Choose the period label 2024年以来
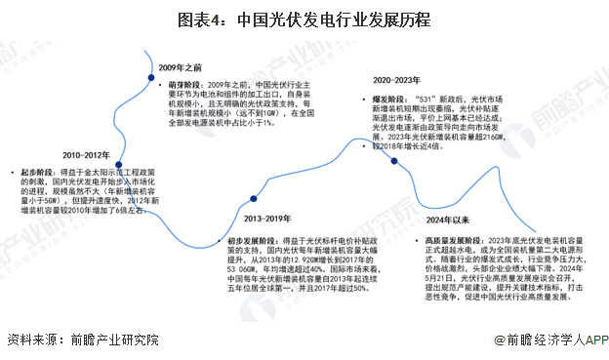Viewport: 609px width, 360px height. [449, 220]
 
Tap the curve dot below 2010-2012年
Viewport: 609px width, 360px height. [119, 166]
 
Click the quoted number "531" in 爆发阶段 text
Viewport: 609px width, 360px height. [426, 100]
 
